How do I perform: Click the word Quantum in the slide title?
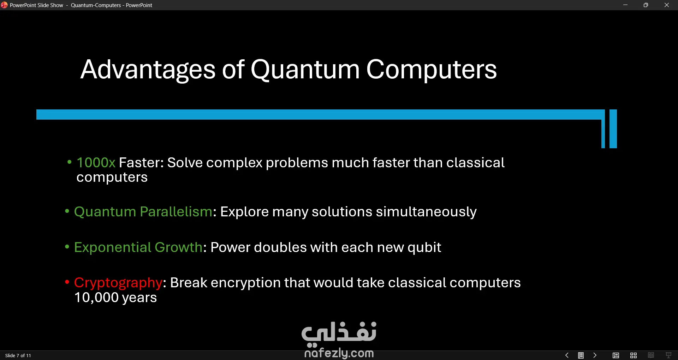point(305,70)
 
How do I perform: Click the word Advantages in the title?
point(148,70)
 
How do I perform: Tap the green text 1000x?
point(96,162)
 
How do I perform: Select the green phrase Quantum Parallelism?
point(143,212)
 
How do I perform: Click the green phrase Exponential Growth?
point(138,247)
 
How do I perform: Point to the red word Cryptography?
point(118,283)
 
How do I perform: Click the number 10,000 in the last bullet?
point(96,298)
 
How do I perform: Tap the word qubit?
point(424,247)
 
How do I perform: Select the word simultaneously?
point(426,212)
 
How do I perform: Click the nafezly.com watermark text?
point(339,353)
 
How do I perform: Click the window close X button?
point(667,5)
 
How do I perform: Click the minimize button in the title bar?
point(625,5)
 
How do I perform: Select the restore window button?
point(646,5)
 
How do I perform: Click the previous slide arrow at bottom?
point(567,355)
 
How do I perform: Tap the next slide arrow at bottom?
point(595,355)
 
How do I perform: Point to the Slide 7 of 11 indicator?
point(18,355)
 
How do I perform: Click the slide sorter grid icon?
point(634,355)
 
